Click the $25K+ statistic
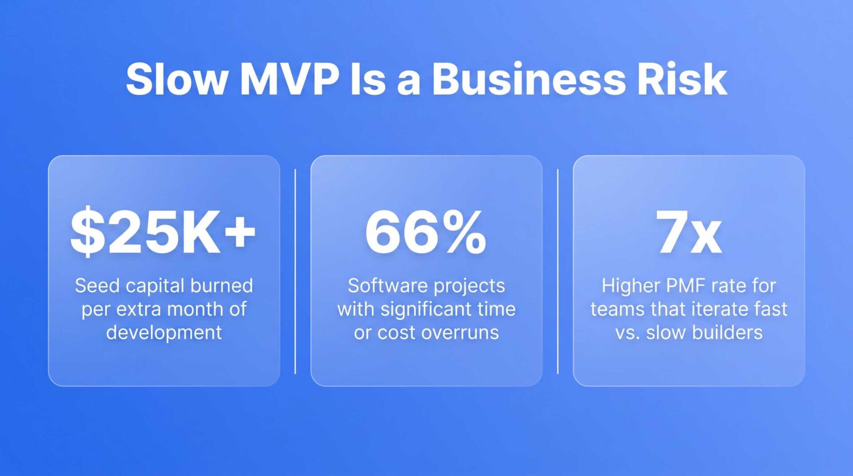pyautogui.click(x=163, y=231)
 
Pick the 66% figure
pyautogui.click(x=426, y=232)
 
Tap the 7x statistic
pyautogui.click(x=689, y=232)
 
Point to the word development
pyautogui.click(x=164, y=333)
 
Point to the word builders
pyautogui.click(x=727, y=333)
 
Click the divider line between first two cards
pyautogui.click(x=295, y=271)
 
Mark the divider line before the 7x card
pyautogui.click(x=558, y=271)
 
